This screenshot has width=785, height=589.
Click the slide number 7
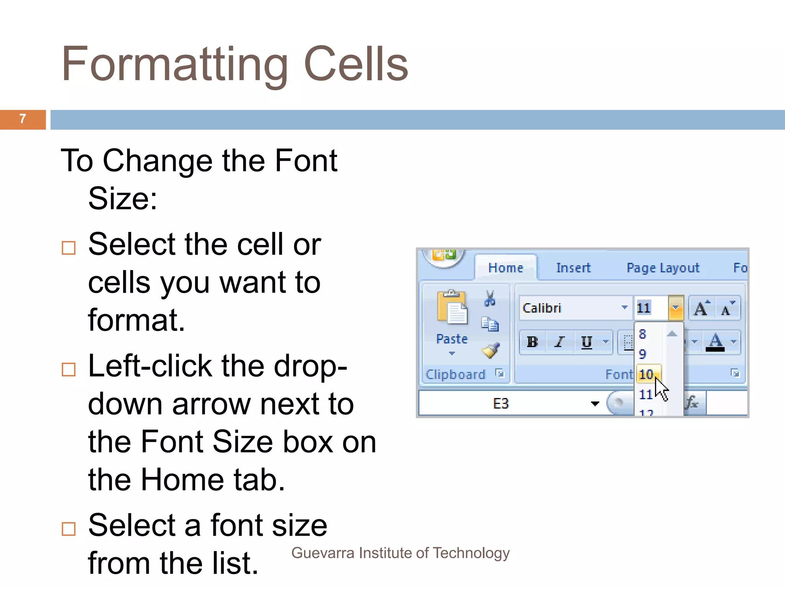[23, 118]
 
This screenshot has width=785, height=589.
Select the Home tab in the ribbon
[506, 268]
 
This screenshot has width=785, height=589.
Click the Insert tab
[573, 268]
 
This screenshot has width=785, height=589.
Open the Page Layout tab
[663, 268]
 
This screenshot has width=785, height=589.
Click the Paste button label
[452, 339]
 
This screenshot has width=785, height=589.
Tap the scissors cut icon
[489, 298]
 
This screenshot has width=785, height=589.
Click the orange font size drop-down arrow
[676, 308]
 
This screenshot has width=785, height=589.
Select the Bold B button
[532, 342]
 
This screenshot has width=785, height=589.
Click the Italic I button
[560, 342]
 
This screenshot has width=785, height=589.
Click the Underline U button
[586, 342]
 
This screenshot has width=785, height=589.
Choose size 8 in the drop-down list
[643, 334]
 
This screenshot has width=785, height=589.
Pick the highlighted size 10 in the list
[646, 374]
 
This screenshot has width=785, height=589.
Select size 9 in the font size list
[643, 354]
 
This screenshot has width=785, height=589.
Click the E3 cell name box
[501, 403]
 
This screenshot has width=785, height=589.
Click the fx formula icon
[692, 403]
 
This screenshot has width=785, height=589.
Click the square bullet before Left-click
[69, 370]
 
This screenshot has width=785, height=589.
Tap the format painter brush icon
[491, 350]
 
